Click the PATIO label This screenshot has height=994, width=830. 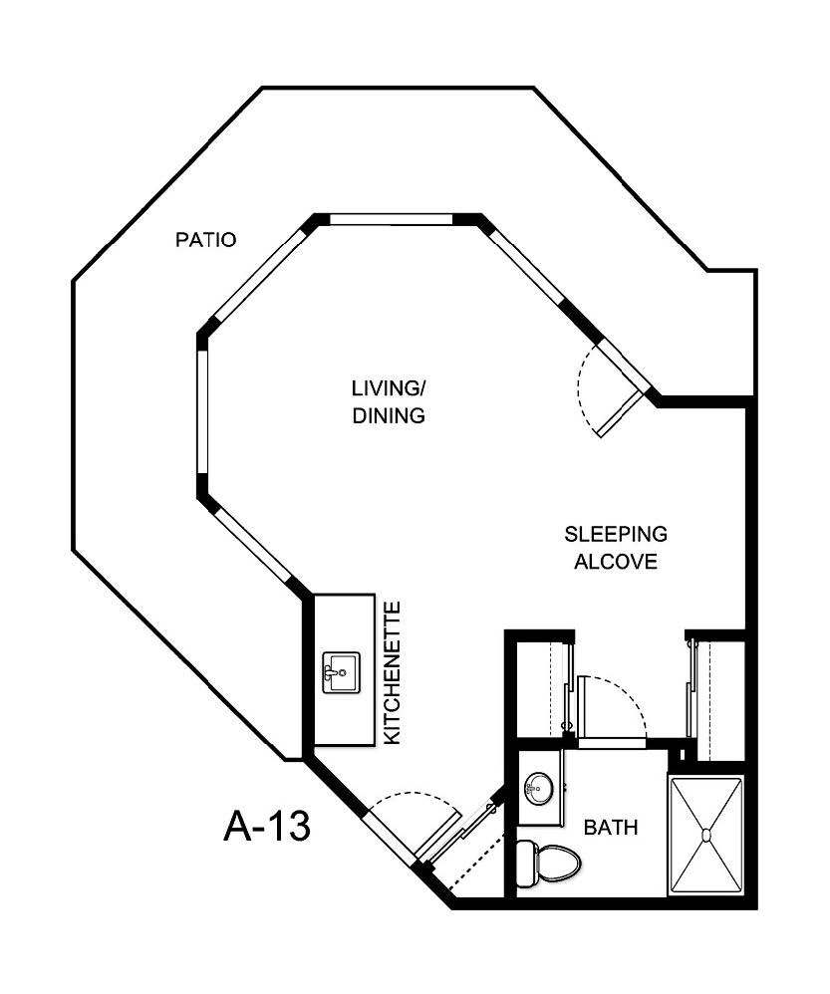(x=205, y=240)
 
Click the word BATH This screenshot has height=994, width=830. (x=610, y=828)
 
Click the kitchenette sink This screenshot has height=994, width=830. (x=341, y=671)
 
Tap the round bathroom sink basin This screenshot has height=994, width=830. (x=539, y=788)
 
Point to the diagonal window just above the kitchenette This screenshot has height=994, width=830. (x=253, y=543)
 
